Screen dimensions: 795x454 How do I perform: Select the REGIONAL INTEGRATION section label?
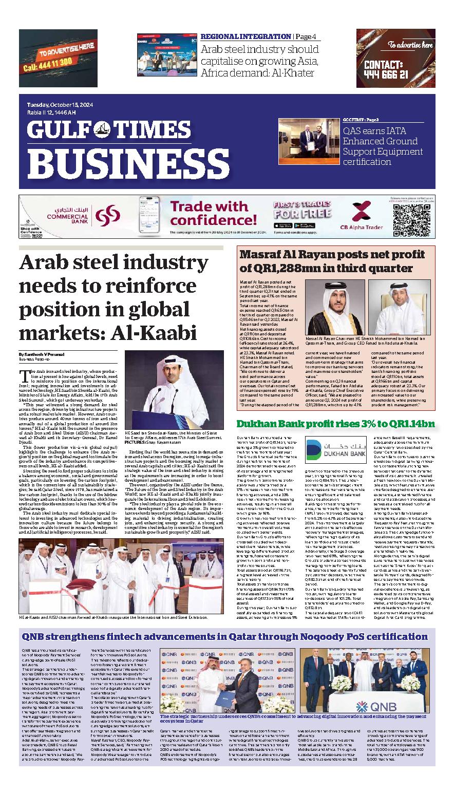[245, 36]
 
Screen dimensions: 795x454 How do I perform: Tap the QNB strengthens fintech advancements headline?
[225, 637]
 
